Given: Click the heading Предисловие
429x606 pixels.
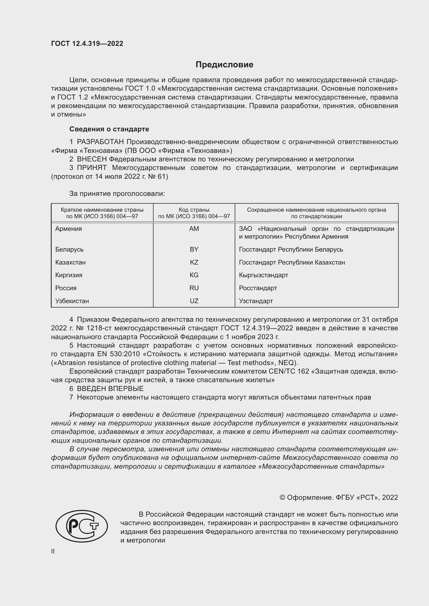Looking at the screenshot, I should coord(224,65).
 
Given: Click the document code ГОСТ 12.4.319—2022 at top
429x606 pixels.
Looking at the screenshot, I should coord(87,44).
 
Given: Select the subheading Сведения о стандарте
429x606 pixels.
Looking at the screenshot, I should coord(109,129).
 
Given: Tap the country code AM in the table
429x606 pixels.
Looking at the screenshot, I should coord(194,229).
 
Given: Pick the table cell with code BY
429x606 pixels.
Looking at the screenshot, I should coord(194,249).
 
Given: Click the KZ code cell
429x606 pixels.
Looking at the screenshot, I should coord(194,262).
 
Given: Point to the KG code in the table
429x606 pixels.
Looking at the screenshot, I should coord(194,275).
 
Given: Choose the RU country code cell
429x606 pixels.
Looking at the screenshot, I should coord(194,288).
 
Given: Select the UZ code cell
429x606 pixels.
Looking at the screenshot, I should coord(194,301).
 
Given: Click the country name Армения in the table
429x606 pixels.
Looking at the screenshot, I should coord(68,229).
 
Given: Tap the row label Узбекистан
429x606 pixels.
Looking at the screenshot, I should coord(72,301).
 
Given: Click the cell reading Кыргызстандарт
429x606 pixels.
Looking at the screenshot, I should coord(263,275).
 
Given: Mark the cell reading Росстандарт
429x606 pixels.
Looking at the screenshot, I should coord(258,288).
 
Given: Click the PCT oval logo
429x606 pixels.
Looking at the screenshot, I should coord(82,526).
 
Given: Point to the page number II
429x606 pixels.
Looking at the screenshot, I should coord(53,551).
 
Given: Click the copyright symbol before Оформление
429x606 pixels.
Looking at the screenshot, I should coord(282,497).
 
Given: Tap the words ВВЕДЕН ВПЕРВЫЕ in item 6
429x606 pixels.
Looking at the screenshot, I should coord(110,389).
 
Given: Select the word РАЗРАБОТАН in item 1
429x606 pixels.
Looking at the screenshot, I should coord(100,142).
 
